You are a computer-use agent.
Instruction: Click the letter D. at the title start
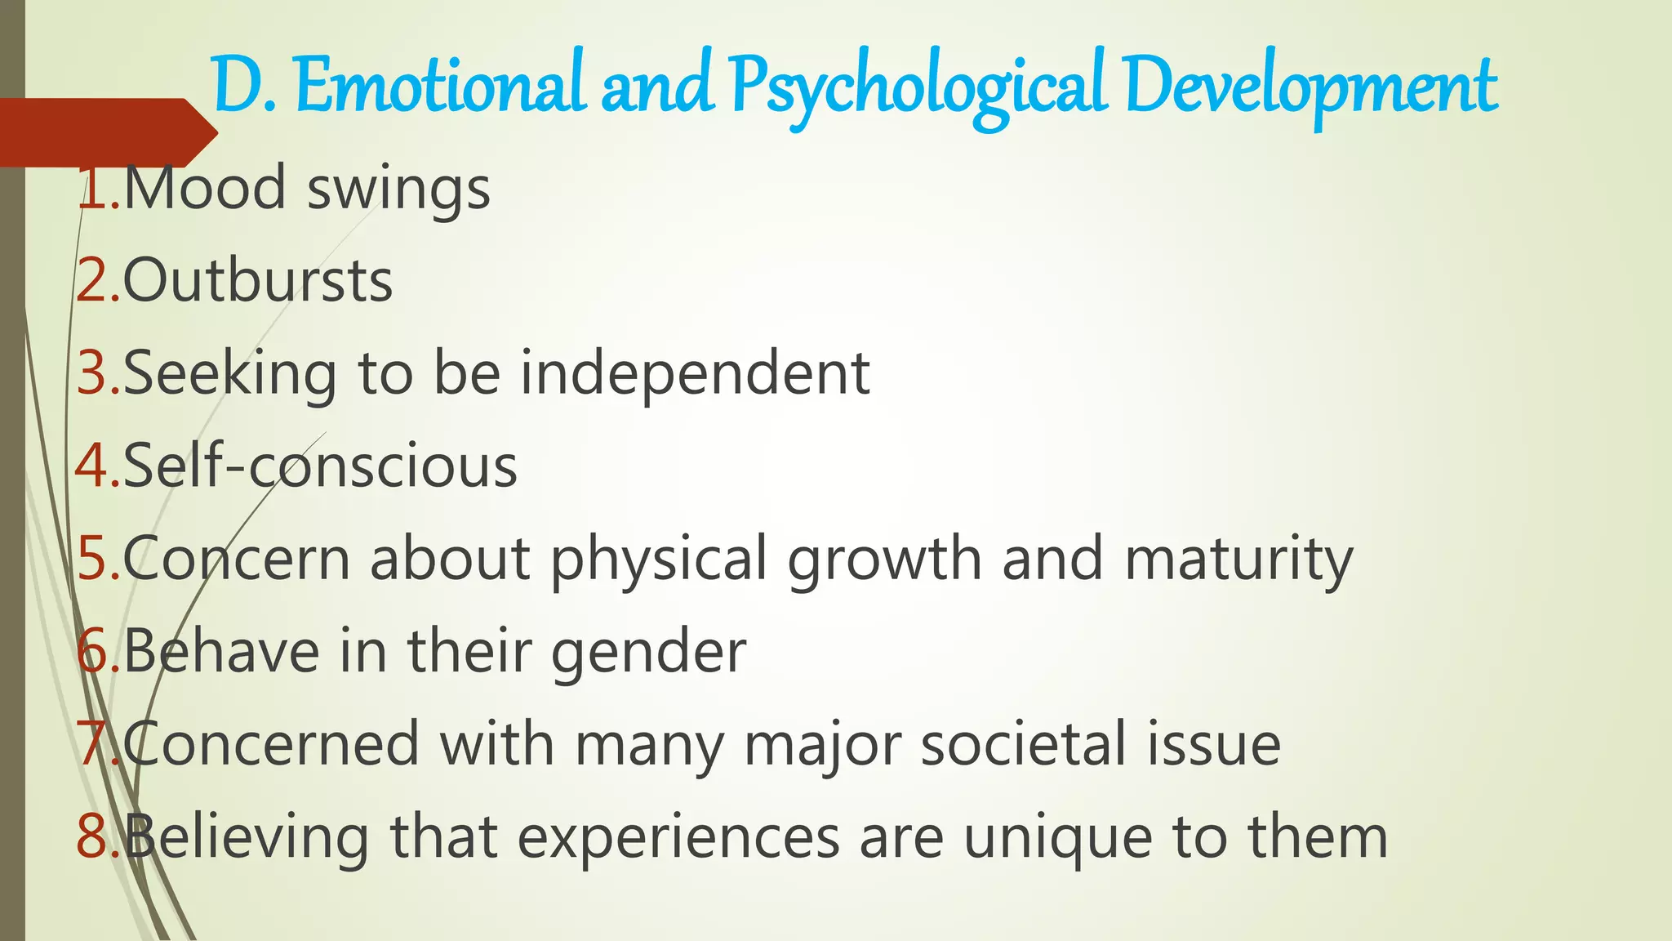coord(244,87)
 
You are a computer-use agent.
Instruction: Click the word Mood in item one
coord(205,188)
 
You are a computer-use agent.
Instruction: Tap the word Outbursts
coord(258,281)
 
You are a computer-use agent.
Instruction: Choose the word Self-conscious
coord(320,466)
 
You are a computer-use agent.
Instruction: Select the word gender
coord(648,653)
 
